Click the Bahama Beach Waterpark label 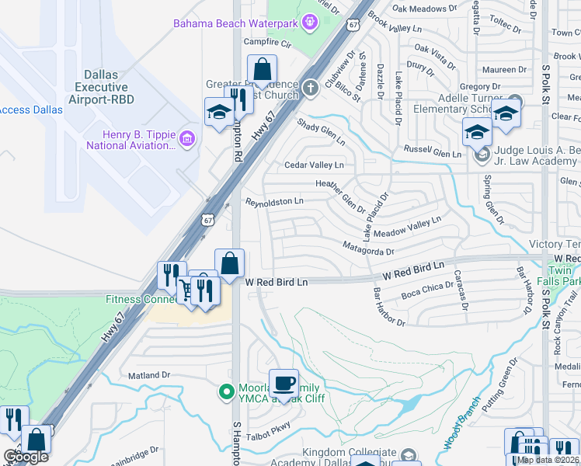[x=235, y=23]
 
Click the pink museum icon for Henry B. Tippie [x=186, y=139]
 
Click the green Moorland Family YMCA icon [x=227, y=392]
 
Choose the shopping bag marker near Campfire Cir [x=262, y=69]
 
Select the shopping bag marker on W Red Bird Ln [x=229, y=263]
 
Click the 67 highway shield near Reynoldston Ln [x=207, y=220]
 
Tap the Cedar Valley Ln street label [x=314, y=165]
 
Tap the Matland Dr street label [x=149, y=375]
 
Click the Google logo [x=26, y=457]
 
